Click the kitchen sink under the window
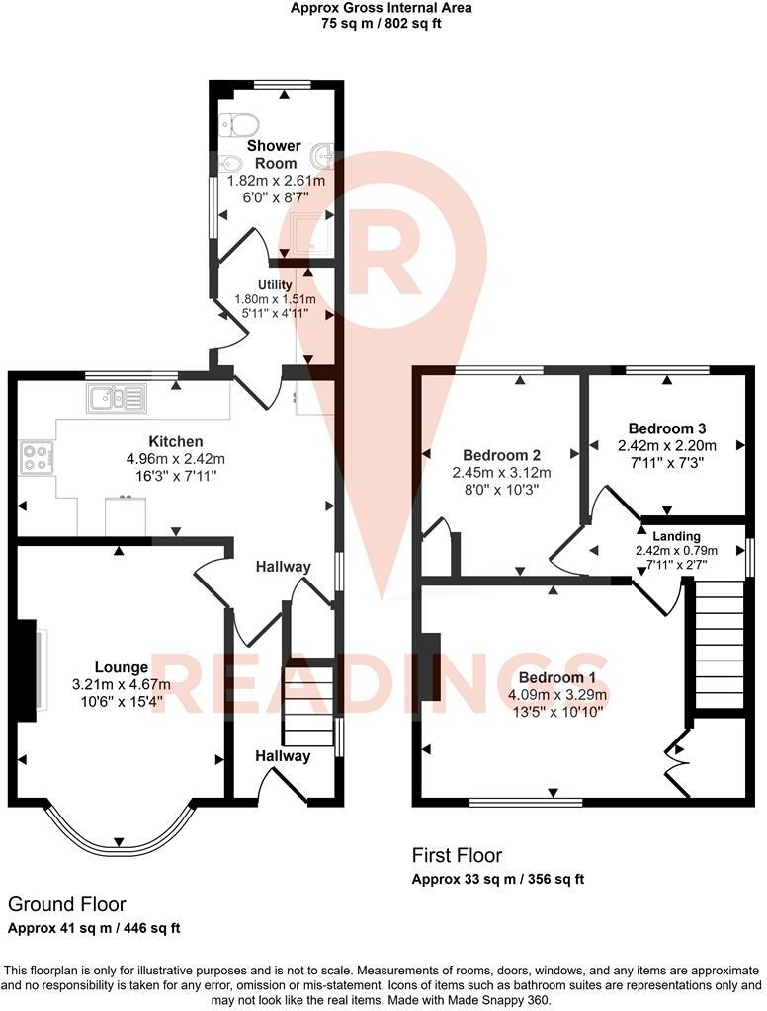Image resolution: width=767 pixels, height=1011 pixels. click(116, 397)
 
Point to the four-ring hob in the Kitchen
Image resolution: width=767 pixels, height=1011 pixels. click(37, 458)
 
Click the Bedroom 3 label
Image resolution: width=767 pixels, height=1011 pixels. click(667, 428)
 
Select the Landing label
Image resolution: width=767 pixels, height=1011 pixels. click(676, 536)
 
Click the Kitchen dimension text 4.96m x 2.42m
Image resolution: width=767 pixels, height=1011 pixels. click(176, 458)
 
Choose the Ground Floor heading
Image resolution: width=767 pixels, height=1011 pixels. click(67, 904)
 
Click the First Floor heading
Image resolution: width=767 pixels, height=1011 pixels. click(457, 855)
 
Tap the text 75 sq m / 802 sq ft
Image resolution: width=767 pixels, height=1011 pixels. click(381, 23)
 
